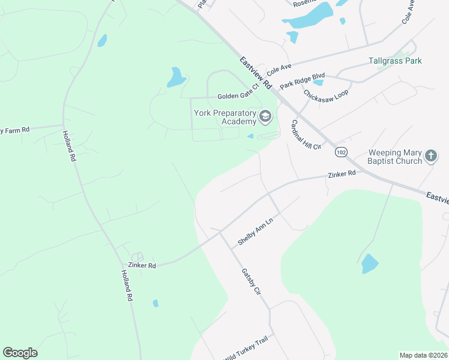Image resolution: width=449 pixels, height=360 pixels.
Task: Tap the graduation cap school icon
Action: (x=265, y=117)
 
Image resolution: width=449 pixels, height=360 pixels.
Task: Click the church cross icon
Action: (x=430, y=157)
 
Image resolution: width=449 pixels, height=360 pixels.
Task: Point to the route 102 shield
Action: (x=341, y=152)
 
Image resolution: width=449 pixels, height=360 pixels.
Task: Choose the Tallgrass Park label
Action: (x=395, y=61)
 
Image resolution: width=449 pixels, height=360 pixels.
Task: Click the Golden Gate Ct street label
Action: (x=238, y=96)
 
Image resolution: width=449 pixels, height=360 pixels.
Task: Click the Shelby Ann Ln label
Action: (x=255, y=232)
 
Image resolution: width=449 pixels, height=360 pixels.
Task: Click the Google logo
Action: (x=20, y=353)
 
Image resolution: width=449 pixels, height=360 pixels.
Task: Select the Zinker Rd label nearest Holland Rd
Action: (x=142, y=265)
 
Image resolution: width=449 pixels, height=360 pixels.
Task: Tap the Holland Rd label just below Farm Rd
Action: (x=70, y=147)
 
